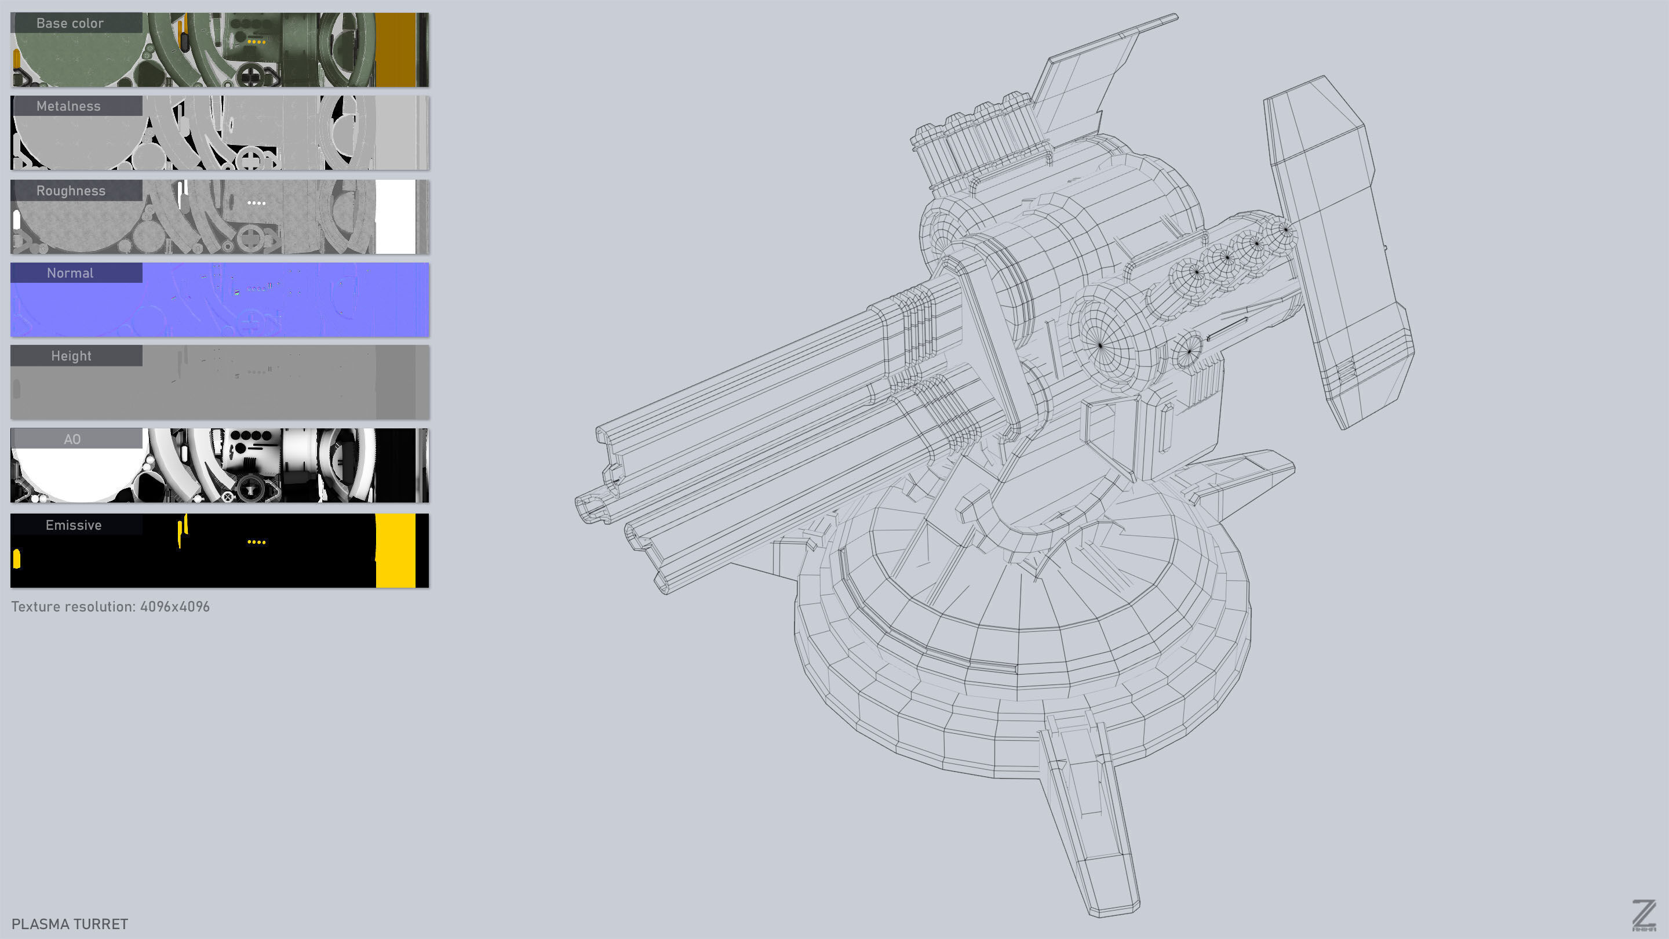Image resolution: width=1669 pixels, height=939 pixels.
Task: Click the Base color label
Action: click(70, 23)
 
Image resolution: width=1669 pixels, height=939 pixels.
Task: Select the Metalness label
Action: click(69, 106)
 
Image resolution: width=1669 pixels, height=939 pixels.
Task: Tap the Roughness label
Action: click(71, 191)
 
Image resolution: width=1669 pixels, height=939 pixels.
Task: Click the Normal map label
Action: click(70, 273)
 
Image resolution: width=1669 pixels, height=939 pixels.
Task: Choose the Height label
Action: click(71, 356)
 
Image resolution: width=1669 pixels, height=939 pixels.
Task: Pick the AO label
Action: click(72, 439)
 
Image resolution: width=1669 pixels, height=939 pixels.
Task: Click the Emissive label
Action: click(73, 525)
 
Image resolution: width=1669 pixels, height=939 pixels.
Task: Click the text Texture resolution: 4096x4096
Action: click(110, 606)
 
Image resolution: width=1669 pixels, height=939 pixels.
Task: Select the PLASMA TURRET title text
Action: click(70, 923)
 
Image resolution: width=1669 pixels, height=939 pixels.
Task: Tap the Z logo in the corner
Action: click(1644, 915)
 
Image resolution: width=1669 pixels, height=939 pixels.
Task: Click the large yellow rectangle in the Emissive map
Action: click(395, 551)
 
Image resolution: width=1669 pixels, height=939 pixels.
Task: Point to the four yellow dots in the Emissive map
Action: click(257, 542)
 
